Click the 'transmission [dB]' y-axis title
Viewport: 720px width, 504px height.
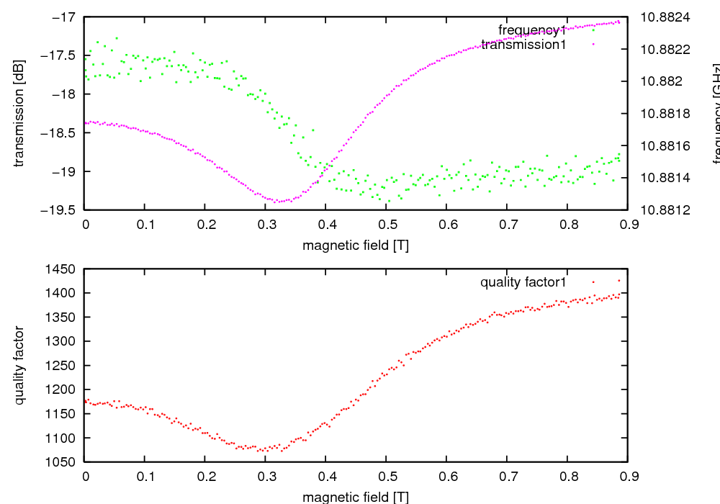(x=19, y=113)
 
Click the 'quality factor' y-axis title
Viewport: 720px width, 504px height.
(x=19, y=365)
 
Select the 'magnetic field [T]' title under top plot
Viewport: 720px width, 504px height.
(x=356, y=245)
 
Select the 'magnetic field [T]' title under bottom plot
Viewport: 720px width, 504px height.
(x=356, y=497)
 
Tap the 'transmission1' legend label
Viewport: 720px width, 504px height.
(x=523, y=45)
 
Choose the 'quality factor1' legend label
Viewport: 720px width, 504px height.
(x=523, y=282)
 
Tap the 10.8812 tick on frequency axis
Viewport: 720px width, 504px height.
(x=665, y=210)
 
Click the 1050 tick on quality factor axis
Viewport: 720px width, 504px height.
(x=62, y=462)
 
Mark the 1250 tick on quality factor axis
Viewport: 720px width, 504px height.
(x=62, y=365)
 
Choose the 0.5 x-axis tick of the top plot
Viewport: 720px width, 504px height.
(x=386, y=224)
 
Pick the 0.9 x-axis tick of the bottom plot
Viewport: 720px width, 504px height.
(x=627, y=476)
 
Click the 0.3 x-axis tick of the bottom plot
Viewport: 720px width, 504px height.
(x=266, y=476)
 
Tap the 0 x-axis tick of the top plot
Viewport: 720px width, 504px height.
(x=85, y=224)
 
